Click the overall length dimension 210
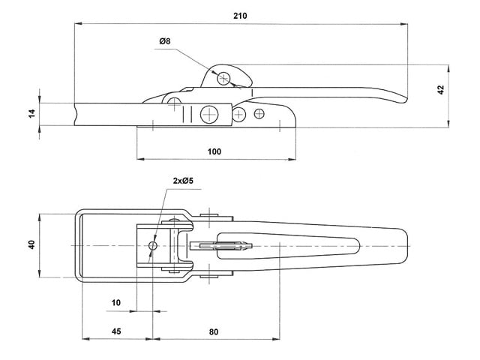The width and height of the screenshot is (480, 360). [240, 15]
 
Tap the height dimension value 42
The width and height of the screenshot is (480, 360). [441, 89]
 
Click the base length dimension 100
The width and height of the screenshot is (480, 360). [214, 151]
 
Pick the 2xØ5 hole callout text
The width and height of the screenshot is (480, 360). [183, 181]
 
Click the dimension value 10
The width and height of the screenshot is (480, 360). [115, 302]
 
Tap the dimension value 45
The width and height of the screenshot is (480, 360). [115, 331]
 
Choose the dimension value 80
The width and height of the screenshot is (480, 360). [214, 331]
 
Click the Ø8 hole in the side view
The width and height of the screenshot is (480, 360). [224, 77]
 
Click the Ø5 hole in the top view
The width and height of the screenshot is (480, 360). [153, 246]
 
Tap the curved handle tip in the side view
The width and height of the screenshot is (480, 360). [405, 100]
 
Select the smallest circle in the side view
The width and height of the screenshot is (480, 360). [259, 113]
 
